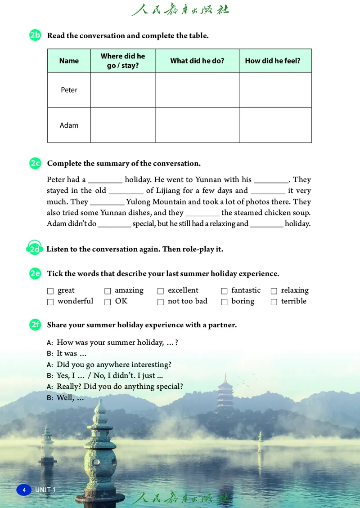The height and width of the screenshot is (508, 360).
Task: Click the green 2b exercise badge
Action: [35, 35]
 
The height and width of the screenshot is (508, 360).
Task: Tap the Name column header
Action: [69, 61]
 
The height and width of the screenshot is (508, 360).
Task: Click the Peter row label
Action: [69, 90]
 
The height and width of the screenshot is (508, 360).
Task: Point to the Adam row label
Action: [69, 125]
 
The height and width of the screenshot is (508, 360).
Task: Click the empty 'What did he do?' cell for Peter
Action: [197, 90]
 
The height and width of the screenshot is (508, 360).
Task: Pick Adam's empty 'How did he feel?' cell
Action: [275, 125]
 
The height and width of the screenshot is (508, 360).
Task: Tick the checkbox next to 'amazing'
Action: [108, 291]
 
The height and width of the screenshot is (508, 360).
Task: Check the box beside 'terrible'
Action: [274, 302]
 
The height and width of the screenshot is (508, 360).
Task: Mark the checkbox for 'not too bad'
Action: [161, 302]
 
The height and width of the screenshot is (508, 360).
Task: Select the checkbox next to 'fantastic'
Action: [224, 291]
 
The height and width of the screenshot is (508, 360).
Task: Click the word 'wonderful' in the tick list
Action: [75, 301]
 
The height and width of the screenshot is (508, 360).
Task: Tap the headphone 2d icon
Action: [35, 249]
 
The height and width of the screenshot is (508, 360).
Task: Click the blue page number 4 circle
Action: [24, 490]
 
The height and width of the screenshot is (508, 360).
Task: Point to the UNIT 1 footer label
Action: [45, 490]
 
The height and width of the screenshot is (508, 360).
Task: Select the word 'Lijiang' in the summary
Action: [168, 191]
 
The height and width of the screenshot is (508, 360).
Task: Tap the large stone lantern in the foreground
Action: [100, 454]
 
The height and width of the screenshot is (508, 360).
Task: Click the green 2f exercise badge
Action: [35, 325]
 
